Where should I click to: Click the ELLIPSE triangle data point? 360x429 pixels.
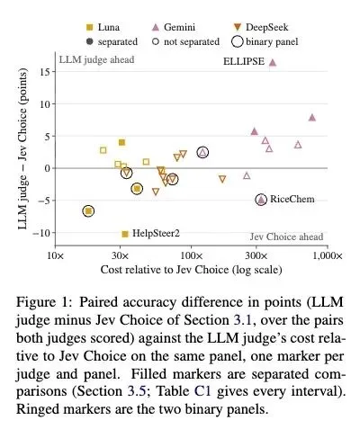(273, 62)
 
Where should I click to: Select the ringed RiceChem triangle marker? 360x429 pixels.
(261, 200)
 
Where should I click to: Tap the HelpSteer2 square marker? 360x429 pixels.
(125, 234)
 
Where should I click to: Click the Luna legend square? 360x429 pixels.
(90, 28)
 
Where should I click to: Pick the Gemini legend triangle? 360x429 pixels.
(156, 28)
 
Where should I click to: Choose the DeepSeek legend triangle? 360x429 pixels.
(238, 28)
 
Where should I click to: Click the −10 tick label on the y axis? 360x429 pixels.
(42, 233)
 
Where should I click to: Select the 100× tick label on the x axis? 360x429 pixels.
(191, 256)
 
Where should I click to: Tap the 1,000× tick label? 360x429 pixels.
(328, 256)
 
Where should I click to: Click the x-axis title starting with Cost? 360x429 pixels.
(191, 270)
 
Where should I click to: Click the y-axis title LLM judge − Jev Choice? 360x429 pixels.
(22, 149)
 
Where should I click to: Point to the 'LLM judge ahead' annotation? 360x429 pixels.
(96, 59)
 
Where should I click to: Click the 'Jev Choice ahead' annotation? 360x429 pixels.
(287, 237)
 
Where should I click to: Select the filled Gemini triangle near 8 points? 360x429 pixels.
(312, 117)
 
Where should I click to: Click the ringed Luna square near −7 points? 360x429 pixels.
(88, 211)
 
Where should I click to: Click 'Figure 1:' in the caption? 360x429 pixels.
(44, 301)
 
